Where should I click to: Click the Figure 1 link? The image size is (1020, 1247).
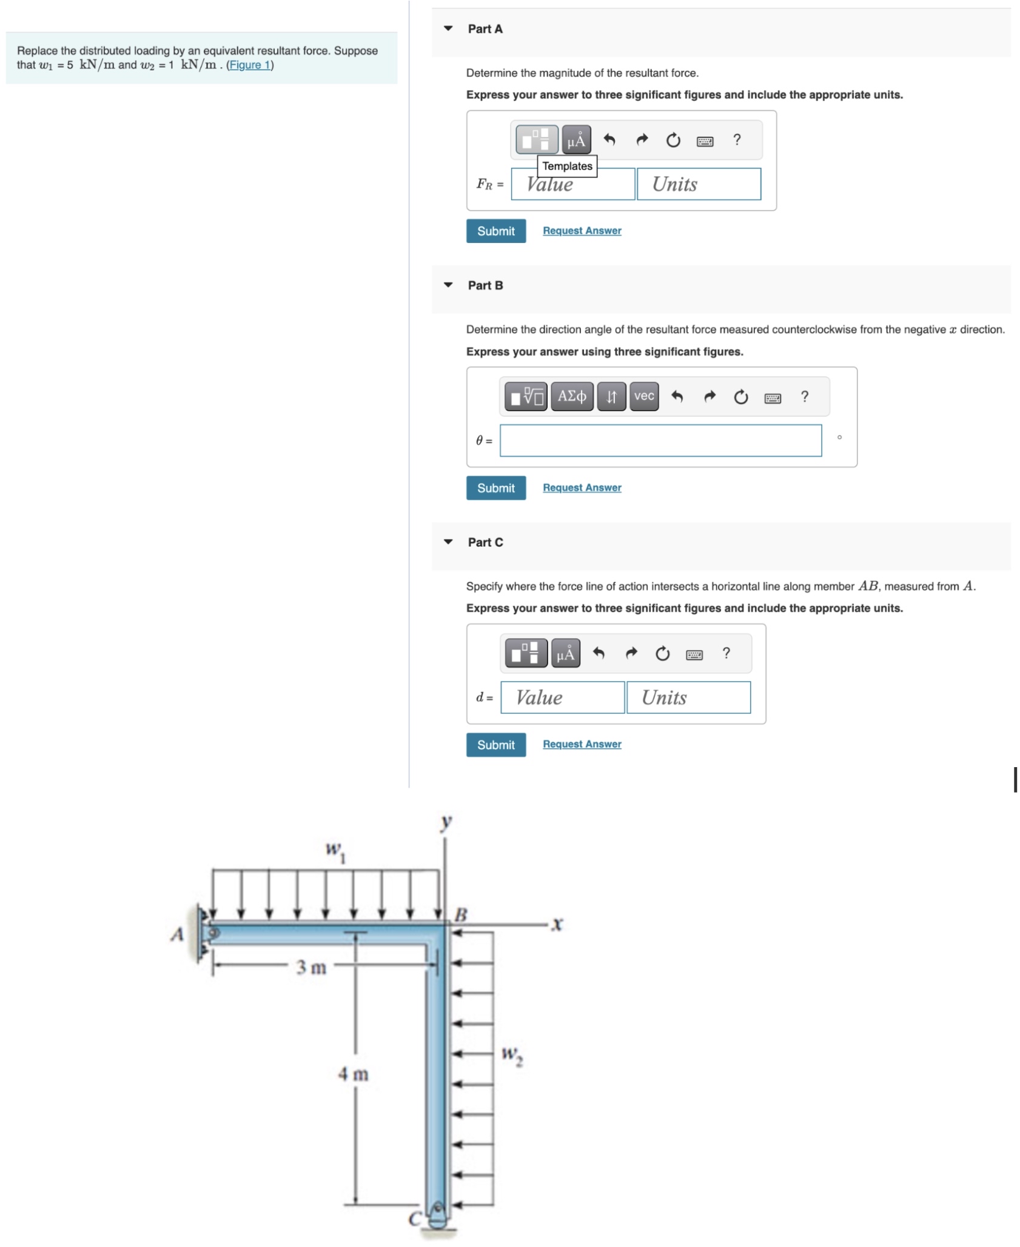tap(249, 65)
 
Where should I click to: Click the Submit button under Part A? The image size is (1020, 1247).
tap(495, 231)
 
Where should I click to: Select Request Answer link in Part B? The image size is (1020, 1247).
tap(582, 488)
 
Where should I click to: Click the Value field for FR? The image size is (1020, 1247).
tap(572, 184)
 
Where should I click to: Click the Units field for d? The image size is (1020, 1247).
tap(688, 697)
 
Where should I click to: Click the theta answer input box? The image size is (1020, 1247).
tap(660, 441)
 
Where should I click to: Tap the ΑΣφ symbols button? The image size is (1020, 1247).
tap(571, 396)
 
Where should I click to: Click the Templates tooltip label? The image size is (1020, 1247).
tap(566, 166)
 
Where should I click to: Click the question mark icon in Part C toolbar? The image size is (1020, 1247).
tap(726, 653)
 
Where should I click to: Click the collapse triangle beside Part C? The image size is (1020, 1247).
tap(448, 542)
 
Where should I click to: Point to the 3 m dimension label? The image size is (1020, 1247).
tap(311, 968)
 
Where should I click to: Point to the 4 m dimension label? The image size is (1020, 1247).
tap(353, 1074)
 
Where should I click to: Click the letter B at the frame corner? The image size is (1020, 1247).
tap(460, 914)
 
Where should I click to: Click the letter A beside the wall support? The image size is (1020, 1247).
tap(176, 934)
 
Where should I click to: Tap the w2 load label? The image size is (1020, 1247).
tap(512, 1056)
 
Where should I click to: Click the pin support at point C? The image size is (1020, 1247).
tap(437, 1215)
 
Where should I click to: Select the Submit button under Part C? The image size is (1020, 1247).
tap(495, 745)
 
